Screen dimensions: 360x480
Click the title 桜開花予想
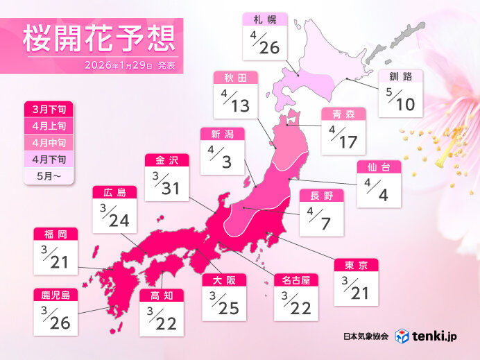coord(97,40)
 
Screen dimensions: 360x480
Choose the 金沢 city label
coord(167,160)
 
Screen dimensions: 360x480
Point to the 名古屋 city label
coord(295,280)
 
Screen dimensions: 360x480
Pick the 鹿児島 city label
coord(55,295)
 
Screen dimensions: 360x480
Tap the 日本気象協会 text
coord(366,336)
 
